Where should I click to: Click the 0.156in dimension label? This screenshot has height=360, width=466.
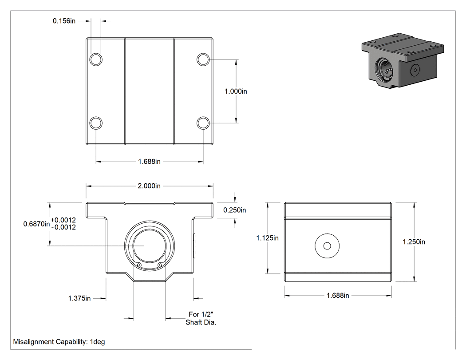point(64,21)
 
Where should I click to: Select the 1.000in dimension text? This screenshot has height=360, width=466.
point(236,91)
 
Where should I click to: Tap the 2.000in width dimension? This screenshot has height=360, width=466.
point(149,186)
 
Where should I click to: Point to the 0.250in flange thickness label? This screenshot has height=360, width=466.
point(235,210)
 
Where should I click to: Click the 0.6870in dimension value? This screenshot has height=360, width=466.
point(36,224)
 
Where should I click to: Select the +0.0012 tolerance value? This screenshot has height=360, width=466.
point(63,220)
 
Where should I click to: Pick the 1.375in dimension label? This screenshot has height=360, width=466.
point(79,298)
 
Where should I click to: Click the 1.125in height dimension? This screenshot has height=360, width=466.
point(268,238)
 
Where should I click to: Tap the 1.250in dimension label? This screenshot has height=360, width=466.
point(414,242)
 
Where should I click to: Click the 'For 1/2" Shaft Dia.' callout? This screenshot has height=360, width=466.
point(201,318)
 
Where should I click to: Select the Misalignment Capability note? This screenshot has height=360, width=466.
point(59,342)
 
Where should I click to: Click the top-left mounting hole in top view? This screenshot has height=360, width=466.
point(96,59)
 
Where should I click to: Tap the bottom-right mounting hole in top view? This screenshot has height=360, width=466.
point(203,123)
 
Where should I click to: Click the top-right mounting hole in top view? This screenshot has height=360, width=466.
point(203,59)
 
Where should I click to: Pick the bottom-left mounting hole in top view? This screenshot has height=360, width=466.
point(96,123)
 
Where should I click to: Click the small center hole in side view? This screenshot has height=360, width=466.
point(327,246)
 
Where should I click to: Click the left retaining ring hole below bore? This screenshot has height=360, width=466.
point(138,265)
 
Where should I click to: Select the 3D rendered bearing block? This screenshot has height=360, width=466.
point(403,60)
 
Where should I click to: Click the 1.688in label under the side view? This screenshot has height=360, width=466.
point(338,296)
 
